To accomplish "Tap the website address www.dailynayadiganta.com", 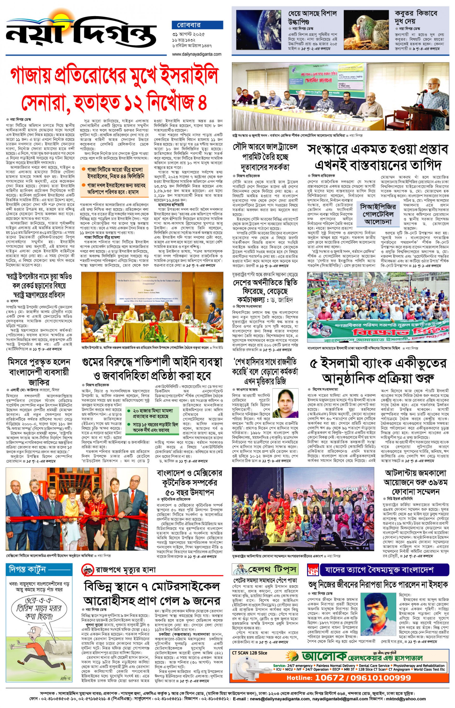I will (196, 54).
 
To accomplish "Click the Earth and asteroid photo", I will (259, 29).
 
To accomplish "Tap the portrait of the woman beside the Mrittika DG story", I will (285, 403).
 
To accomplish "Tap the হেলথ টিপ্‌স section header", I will (265, 569).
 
